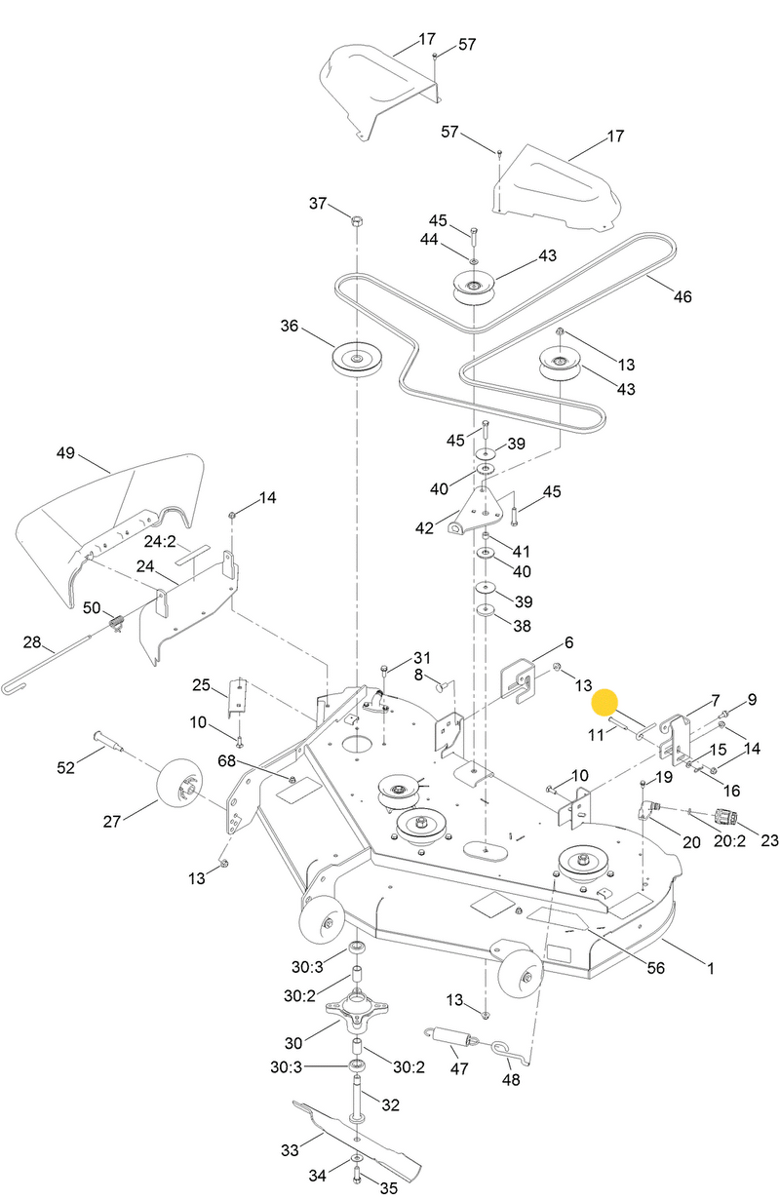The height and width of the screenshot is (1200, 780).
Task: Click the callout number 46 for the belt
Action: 682,296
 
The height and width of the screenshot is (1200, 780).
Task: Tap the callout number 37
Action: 319,203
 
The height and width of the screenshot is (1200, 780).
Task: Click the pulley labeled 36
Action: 357,360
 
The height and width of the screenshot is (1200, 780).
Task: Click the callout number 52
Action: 66,768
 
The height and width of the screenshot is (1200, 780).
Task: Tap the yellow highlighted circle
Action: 605,703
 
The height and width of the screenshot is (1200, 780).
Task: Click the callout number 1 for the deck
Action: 711,969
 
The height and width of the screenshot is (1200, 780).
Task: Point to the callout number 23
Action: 769,839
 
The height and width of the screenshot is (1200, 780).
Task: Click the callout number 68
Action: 227,760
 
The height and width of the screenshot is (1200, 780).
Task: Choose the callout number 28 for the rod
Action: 32,642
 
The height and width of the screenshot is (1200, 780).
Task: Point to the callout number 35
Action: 388,1188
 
